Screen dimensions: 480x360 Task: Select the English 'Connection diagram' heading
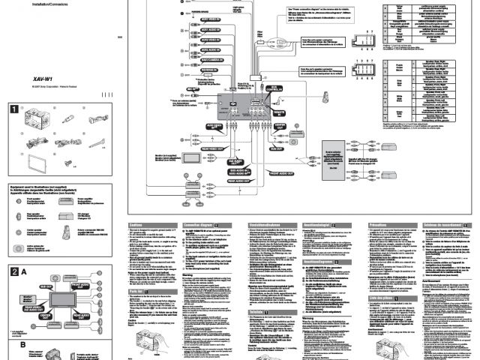point(199,224)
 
